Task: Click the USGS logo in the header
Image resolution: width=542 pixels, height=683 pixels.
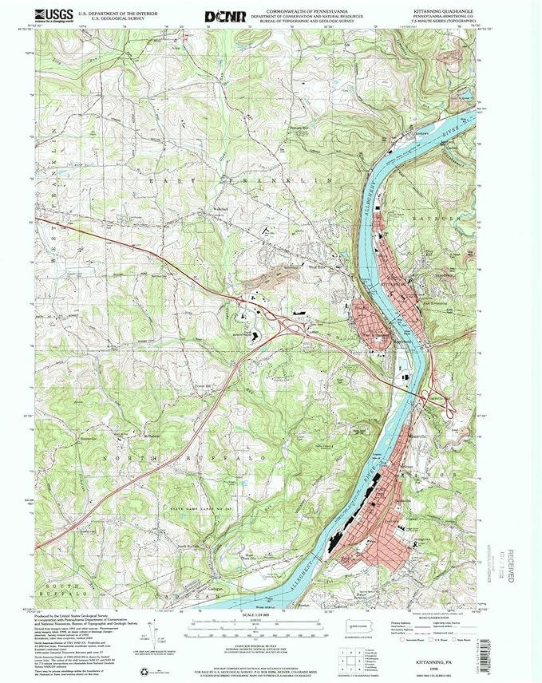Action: click(x=53, y=16)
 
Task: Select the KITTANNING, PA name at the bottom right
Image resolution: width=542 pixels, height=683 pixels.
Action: click(x=438, y=650)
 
